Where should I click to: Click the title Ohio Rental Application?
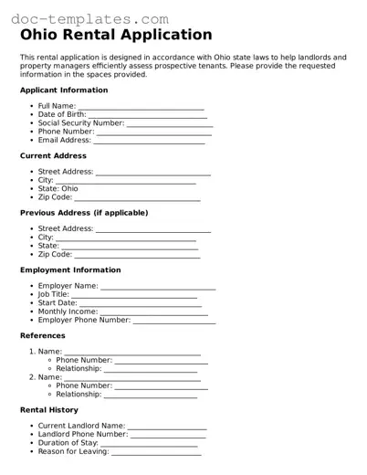116,36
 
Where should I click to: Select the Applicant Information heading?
64,90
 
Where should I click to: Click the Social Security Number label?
81,123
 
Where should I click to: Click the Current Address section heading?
54,156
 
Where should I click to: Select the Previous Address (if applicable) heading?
83,213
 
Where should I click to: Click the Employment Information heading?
70,270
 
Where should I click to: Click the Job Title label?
54,295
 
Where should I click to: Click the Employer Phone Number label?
84,321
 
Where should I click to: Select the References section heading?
43,336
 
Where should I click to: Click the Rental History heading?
49,410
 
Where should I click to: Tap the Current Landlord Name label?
81,426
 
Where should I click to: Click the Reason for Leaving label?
73,451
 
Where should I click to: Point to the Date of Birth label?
62,115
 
